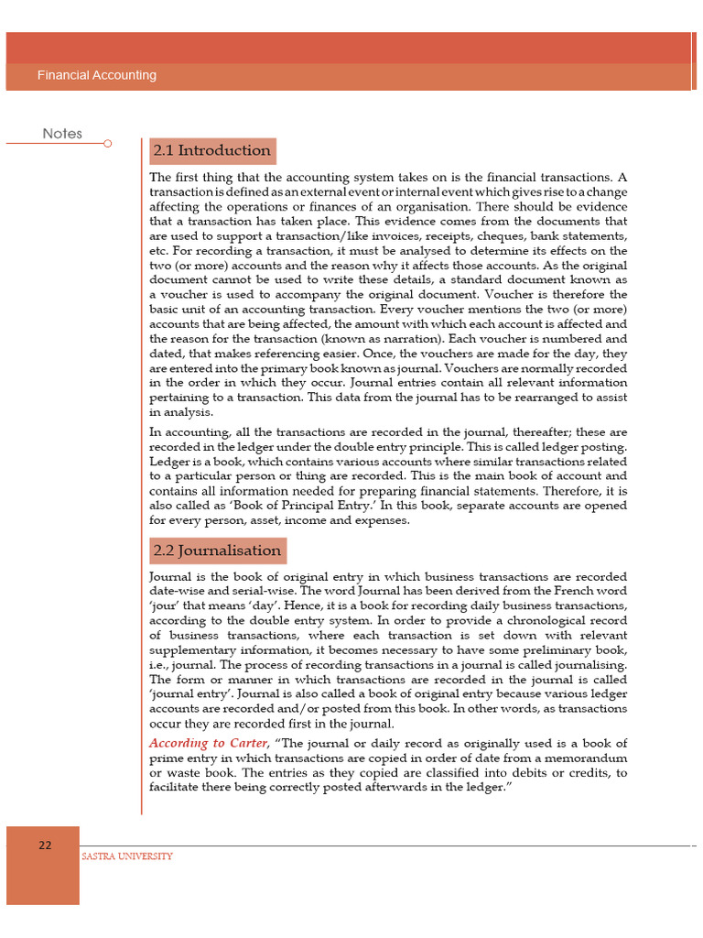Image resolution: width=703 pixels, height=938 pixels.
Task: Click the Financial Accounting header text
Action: click(96, 75)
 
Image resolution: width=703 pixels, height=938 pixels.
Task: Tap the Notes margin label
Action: click(62, 134)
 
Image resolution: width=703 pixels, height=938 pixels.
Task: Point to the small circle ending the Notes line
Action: click(108, 144)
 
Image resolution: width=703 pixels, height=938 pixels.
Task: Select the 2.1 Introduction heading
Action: click(211, 150)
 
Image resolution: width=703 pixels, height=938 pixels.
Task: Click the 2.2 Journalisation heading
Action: click(217, 551)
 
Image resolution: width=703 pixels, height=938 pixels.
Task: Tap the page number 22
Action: click(44, 845)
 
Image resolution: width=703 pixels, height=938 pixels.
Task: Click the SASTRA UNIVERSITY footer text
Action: click(127, 856)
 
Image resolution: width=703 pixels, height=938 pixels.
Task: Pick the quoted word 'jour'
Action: click(166, 605)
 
